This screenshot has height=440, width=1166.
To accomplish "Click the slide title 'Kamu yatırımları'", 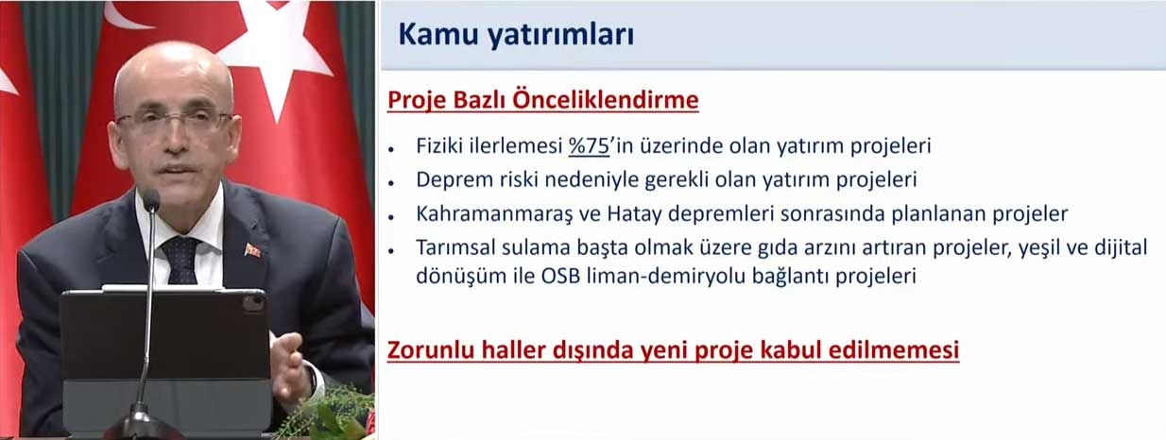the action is point(516,35).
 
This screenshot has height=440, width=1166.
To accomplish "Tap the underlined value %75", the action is point(589,146).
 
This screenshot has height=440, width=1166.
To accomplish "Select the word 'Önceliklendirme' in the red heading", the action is point(605,100).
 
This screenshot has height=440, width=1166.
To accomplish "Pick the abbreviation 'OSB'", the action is point(560,276).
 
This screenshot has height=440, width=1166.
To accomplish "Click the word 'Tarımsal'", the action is point(456,247).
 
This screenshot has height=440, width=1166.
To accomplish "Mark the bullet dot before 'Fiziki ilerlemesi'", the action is point(391,150).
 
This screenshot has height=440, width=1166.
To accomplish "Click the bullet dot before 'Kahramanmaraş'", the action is point(391,217).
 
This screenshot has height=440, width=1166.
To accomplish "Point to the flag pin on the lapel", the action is point(252,250).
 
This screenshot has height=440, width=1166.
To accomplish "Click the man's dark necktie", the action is point(180,261).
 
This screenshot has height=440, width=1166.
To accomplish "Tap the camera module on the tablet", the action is point(252,303).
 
